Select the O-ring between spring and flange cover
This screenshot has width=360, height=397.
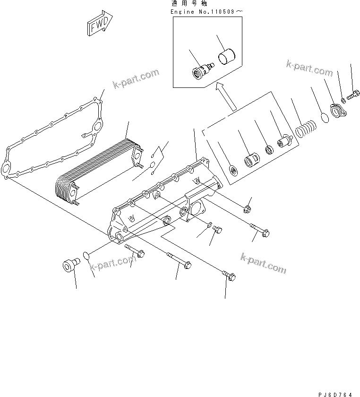[324, 118]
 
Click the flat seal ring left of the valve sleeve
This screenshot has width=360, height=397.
[233, 169]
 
